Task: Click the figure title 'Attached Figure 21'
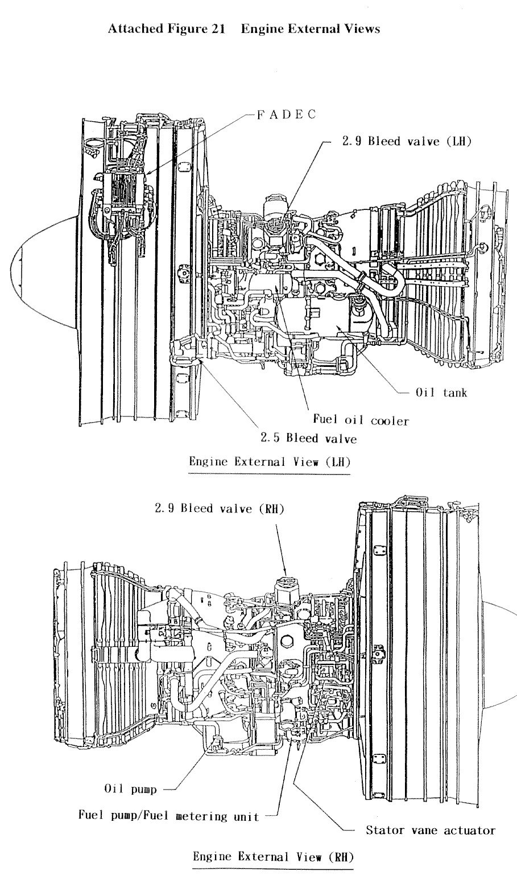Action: pos(166,29)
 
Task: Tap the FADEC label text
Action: pos(287,114)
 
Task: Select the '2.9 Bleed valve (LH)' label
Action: pos(407,141)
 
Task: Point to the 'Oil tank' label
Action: pos(441,393)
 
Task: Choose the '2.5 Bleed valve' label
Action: pos(308,439)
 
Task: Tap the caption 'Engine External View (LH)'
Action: pos(270,462)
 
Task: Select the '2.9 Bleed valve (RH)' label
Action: pos(220,509)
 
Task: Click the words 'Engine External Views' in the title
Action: pos(311,29)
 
